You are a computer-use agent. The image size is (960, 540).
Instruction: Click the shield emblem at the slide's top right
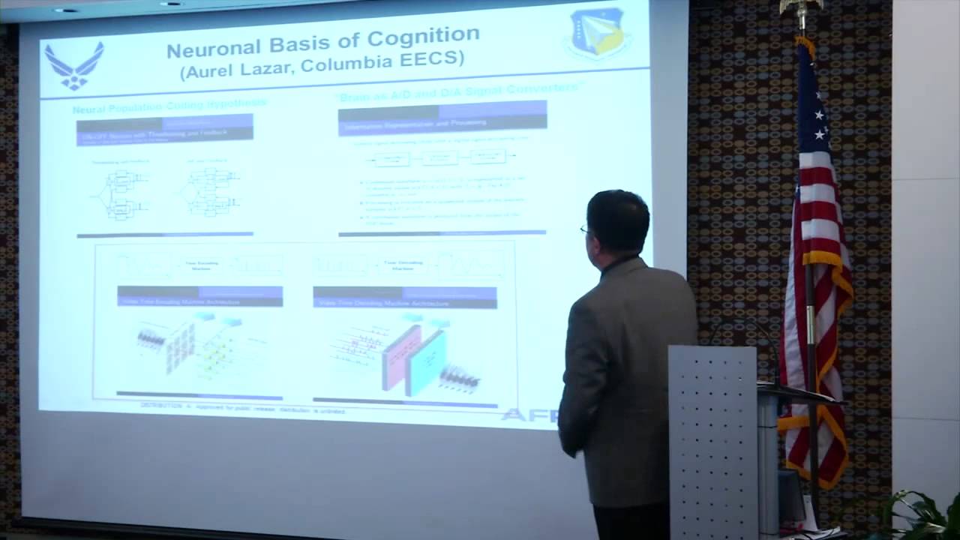click(597, 33)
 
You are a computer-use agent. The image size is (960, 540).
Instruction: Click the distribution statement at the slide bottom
click(244, 406)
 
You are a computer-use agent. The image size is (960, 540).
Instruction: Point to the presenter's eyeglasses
click(584, 229)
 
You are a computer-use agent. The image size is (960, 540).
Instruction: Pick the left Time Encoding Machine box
click(199, 264)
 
